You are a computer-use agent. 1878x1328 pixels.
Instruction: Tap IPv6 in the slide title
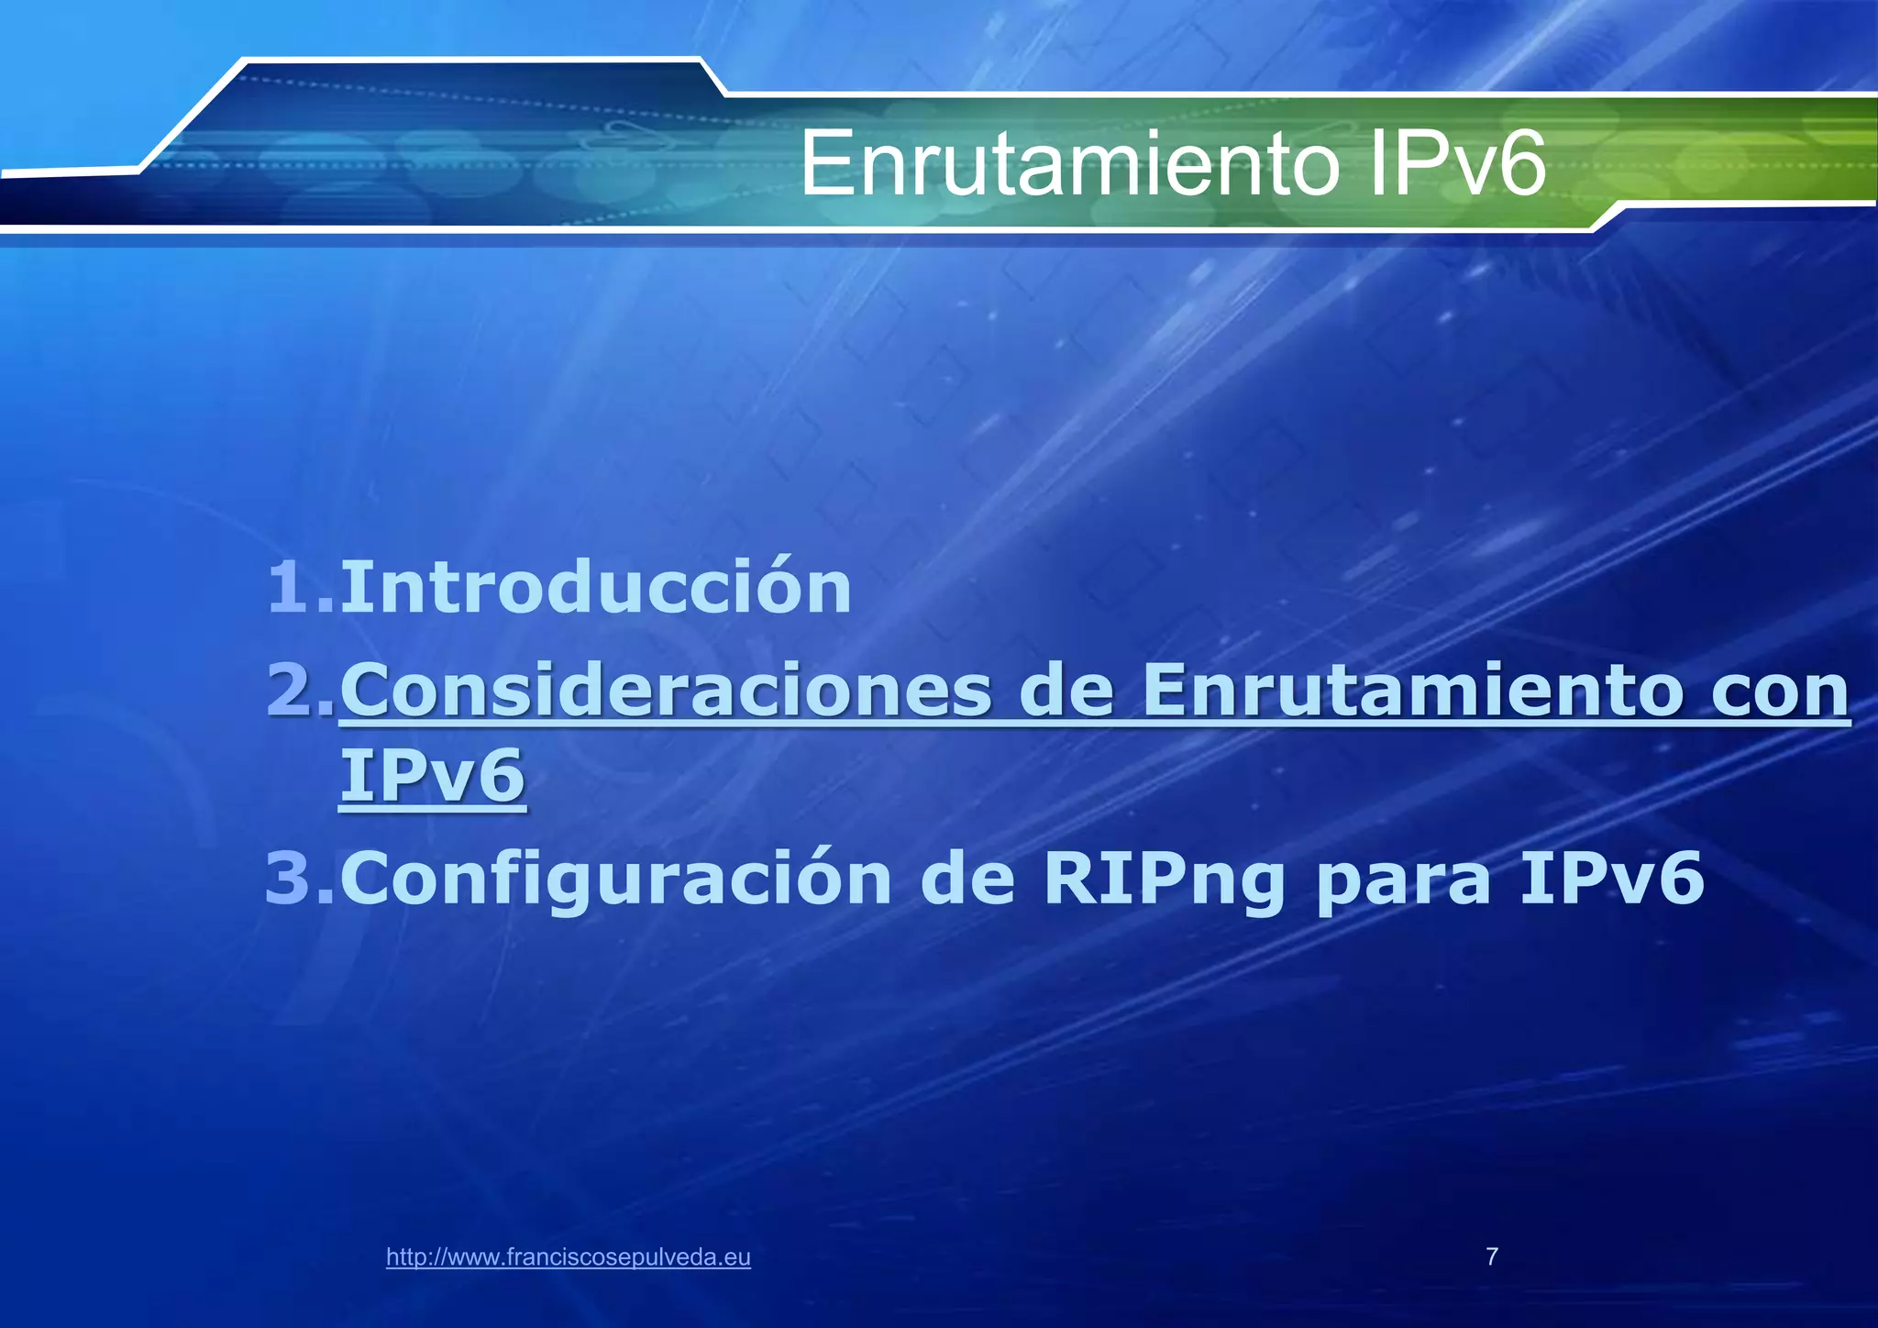[1455, 165]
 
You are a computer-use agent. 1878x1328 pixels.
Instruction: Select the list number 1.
[299, 587]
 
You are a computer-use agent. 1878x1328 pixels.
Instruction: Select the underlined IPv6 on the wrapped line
[432, 776]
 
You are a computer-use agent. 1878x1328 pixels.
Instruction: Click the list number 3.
[299, 878]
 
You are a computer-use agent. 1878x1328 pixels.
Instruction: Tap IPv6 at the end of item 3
[1611, 878]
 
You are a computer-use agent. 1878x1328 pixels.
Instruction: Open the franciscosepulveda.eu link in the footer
[568, 1257]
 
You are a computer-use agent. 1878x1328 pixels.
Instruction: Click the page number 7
[1492, 1256]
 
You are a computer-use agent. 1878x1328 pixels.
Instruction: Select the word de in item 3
[967, 878]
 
